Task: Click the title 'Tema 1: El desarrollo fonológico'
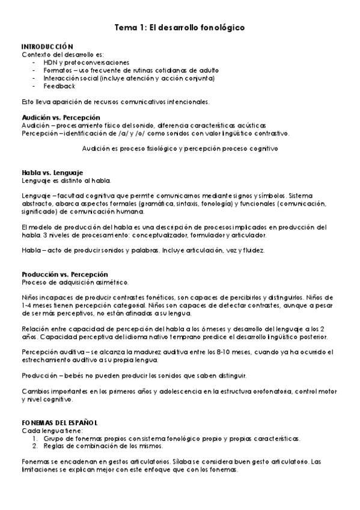pos(180,28)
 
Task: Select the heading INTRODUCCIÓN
pos(47,47)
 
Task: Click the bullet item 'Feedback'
pos(59,86)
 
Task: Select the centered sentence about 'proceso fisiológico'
pos(180,147)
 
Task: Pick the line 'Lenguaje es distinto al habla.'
pos(66,180)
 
